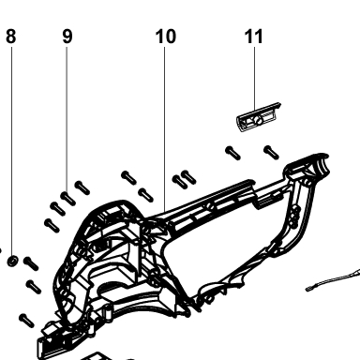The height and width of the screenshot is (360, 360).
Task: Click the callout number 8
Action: coord(11,37)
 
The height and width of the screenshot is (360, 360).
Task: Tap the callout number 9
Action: coord(67,37)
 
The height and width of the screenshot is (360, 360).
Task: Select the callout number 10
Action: coord(166,37)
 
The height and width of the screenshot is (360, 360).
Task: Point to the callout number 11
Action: coord(253,37)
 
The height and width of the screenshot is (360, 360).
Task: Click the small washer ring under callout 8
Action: coord(12,261)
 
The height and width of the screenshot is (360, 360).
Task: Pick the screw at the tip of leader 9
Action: coord(68,199)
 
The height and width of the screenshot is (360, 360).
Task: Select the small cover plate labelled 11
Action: coord(258,117)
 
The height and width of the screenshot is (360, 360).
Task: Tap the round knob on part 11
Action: coord(258,120)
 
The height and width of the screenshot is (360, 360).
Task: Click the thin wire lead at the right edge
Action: coord(333,280)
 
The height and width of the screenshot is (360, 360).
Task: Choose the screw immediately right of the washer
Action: coord(31,263)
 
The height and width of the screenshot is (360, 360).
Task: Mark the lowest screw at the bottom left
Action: coord(26,321)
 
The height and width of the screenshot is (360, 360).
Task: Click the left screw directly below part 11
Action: coord(233,153)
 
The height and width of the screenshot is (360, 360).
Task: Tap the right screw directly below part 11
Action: coord(272,153)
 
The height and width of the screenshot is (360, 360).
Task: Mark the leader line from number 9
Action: coord(67,120)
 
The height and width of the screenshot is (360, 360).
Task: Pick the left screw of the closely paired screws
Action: coord(180,182)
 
